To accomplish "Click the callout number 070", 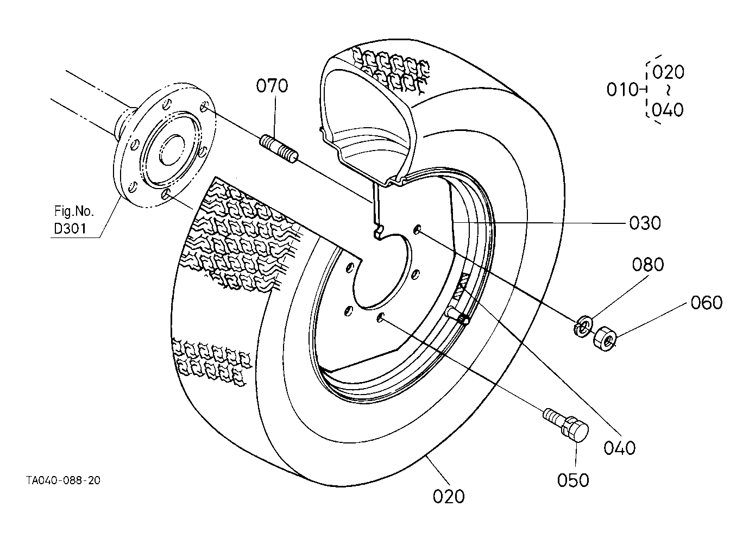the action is click(272, 86).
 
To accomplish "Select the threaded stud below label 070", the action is click(279, 148).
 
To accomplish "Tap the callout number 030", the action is click(645, 223).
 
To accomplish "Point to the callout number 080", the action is click(647, 265).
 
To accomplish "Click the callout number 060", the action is click(707, 303).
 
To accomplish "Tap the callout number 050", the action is click(573, 480).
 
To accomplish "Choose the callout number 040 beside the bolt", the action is click(619, 448).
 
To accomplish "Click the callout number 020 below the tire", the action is click(449, 497).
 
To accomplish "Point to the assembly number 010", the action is click(622, 90).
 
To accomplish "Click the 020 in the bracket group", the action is click(668, 72).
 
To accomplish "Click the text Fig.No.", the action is click(74, 211).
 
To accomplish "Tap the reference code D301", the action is click(70, 228).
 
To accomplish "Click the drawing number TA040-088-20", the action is click(63, 480).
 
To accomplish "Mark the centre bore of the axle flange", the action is click(171, 149).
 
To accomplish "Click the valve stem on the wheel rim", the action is click(457, 315).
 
